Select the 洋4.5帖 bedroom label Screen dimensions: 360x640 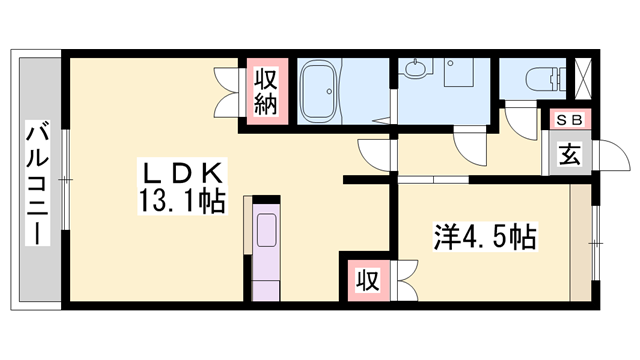coord(485,238)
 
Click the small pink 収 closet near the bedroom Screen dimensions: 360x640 coord(368,280)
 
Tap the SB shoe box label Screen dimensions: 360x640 coord(567,120)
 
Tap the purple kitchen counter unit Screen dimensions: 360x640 coord(267,250)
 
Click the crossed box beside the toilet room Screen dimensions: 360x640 coord(583,77)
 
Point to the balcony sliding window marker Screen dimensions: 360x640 coord(66,180)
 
